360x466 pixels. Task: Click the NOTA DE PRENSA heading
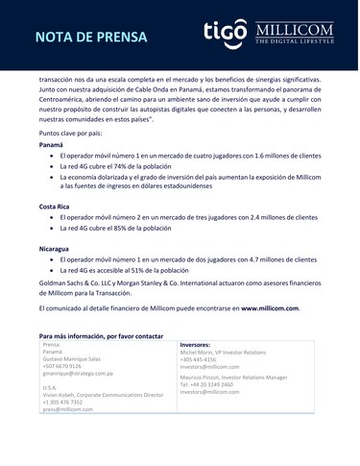(91, 38)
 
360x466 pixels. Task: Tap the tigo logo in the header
(226, 36)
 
